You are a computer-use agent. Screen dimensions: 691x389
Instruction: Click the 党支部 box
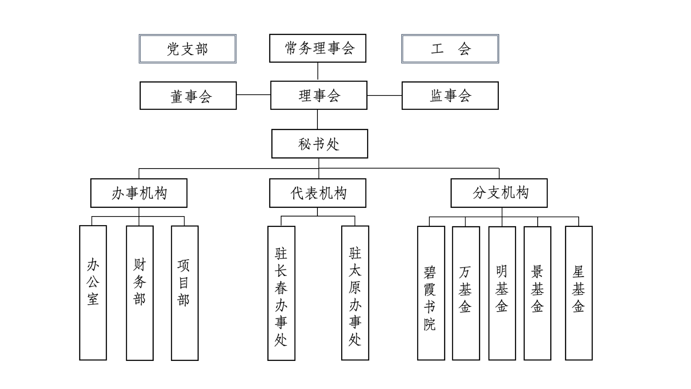(x=187, y=49)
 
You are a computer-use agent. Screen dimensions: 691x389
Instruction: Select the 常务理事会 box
(x=318, y=48)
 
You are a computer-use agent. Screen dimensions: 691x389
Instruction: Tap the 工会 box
(x=450, y=49)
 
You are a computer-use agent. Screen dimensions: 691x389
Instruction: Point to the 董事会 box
(x=188, y=96)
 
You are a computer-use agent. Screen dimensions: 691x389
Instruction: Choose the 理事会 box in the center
(x=319, y=95)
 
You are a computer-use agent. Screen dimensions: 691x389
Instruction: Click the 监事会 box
(x=450, y=96)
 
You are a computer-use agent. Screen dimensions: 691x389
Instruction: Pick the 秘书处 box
(x=320, y=143)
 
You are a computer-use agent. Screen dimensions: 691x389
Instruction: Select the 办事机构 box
(x=139, y=193)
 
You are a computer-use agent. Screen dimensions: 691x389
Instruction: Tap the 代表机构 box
(x=318, y=193)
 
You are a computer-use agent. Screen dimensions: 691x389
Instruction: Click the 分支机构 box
(x=499, y=193)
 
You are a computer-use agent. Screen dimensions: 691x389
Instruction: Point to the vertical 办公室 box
(x=93, y=293)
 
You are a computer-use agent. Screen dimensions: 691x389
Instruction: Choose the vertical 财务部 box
(x=140, y=293)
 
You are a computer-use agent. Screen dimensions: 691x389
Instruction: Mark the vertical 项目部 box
(x=185, y=293)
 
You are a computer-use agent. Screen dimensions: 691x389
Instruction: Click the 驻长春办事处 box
(x=281, y=293)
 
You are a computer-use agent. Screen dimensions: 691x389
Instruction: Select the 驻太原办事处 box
(x=355, y=293)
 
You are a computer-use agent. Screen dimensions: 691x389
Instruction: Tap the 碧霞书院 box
(x=431, y=293)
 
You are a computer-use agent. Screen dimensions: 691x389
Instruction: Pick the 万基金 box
(x=466, y=293)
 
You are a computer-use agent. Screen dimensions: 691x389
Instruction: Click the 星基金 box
(x=579, y=293)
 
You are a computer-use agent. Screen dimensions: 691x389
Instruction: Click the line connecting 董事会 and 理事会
(x=254, y=95)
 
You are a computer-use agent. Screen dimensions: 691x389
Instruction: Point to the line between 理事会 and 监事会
(x=385, y=96)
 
